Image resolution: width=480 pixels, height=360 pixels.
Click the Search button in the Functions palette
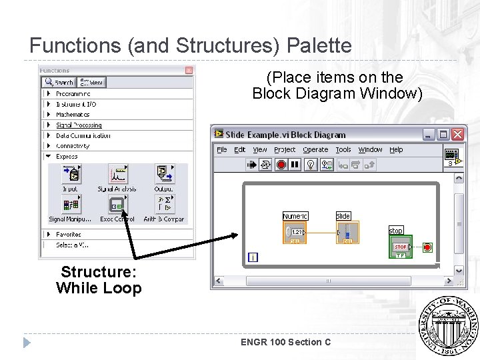click(x=59, y=83)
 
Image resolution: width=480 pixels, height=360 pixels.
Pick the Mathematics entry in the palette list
click(x=73, y=115)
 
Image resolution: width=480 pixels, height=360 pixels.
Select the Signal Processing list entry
click(x=79, y=125)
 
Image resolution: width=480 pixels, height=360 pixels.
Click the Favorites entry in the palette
click(x=68, y=235)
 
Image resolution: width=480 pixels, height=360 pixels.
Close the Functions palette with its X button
click(x=189, y=70)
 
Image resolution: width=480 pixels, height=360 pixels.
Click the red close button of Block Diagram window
click(x=457, y=135)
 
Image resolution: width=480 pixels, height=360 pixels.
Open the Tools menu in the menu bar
click(x=343, y=150)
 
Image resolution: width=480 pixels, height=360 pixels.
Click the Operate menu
click(x=315, y=150)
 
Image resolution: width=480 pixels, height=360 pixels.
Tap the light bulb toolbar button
click(x=309, y=165)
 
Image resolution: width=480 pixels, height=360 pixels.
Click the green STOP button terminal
click(x=401, y=247)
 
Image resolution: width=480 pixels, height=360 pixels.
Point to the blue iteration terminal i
click(x=253, y=257)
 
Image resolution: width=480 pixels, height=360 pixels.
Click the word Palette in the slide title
click(x=318, y=46)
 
